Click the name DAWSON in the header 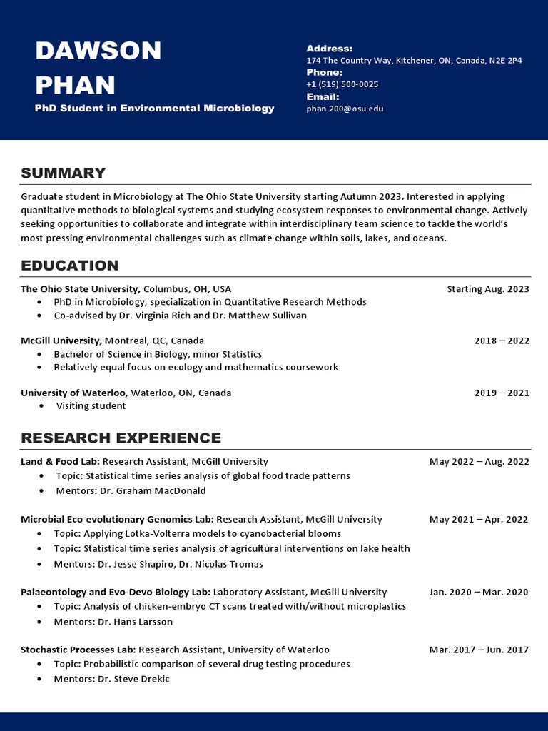pyautogui.click(x=98, y=51)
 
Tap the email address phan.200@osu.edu pyautogui.click(x=345, y=109)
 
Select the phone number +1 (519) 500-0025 pyautogui.click(x=342, y=84)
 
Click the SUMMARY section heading pyautogui.click(x=63, y=173)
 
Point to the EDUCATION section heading pyautogui.click(x=69, y=266)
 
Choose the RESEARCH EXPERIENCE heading pyautogui.click(x=121, y=438)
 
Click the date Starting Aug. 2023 pyautogui.click(x=488, y=289)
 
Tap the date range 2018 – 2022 pyautogui.click(x=502, y=341)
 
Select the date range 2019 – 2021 pyautogui.click(x=502, y=393)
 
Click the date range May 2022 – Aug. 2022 pyautogui.click(x=479, y=462)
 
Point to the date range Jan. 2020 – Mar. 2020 pyautogui.click(x=479, y=592)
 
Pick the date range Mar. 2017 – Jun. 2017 pyautogui.click(x=479, y=650)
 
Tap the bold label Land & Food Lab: pyautogui.click(x=60, y=462)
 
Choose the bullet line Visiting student pyautogui.click(x=91, y=406)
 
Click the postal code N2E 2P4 pyautogui.click(x=505, y=61)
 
